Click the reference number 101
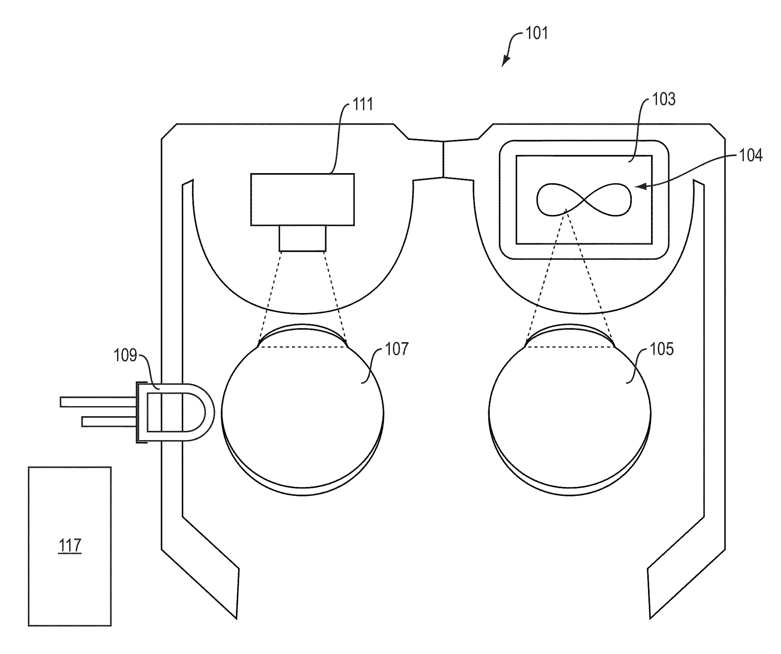[536, 33]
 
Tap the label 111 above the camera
[362, 104]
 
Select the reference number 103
[664, 99]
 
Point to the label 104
[750, 155]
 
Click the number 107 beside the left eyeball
[397, 349]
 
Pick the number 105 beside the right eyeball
[662, 349]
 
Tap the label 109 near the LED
[126, 355]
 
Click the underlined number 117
[70, 545]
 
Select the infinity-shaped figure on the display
[584, 199]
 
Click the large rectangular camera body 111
[302, 200]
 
